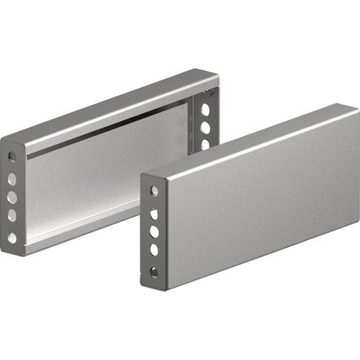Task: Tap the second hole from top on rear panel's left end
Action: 12,177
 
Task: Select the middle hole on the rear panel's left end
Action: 12,196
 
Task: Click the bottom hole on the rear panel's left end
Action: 12,237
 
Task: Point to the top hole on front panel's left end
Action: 153,192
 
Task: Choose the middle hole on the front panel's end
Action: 153,232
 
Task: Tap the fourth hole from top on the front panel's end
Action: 153,250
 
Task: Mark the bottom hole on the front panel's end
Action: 153,272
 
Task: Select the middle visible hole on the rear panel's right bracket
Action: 205,128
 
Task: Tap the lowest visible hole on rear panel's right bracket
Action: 205,145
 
